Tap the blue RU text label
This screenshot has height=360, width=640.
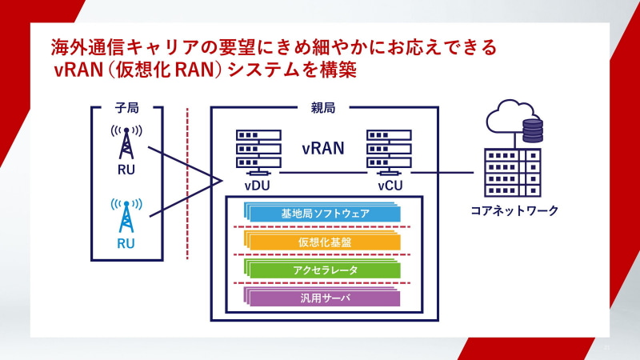pos(126,243)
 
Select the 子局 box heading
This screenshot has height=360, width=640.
pos(127,108)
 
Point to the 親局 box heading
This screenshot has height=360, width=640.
pos(323,108)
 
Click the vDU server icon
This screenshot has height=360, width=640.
pos(257,151)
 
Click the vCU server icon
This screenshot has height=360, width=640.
pos(389,151)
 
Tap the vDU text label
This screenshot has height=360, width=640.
pos(257,186)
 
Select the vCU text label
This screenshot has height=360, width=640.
pos(390,186)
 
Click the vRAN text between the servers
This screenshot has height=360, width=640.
pos(323,148)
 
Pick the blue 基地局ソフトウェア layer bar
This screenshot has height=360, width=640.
pos(325,214)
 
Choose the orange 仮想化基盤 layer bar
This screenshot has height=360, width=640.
pos(325,242)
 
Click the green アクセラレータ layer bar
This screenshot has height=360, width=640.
pos(325,270)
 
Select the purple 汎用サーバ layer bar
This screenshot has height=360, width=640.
pos(325,298)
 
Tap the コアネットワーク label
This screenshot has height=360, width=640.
pos(514,211)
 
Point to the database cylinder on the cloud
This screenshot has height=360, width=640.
pos(531,130)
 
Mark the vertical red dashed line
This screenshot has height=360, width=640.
pos(187,184)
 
